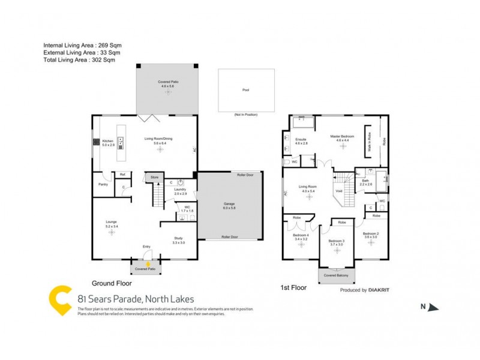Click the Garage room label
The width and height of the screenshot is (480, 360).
click(229, 204)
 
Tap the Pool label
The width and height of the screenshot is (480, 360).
click(245, 90)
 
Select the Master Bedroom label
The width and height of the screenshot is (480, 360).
click(343, 137)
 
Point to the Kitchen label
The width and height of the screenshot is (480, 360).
click(108, 141)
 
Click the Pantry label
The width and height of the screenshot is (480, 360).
click(103, 185)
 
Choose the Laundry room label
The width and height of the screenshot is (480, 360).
click(181, 190)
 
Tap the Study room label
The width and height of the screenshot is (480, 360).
click(178, 239)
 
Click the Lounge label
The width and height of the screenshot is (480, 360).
click(112, 223)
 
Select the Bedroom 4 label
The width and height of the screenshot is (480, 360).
click(301, 236)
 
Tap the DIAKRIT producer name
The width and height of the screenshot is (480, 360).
click(379, 289)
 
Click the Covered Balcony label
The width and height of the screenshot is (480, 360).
click(336, 275)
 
